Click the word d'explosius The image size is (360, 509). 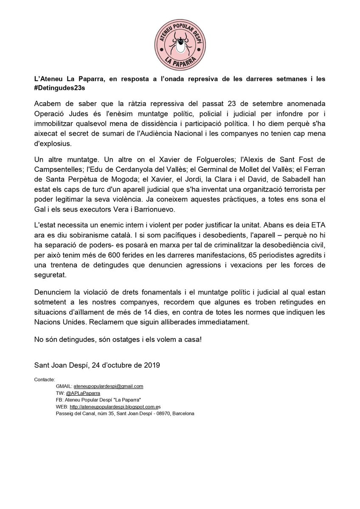tap(53, 144)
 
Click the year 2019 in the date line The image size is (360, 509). tap(151, 364)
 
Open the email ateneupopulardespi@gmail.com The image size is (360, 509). tap(108, 386)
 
